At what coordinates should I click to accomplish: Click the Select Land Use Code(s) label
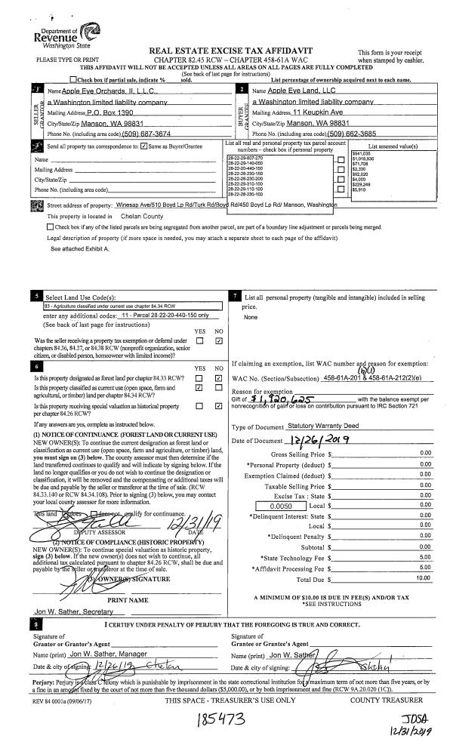point(81,297)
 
